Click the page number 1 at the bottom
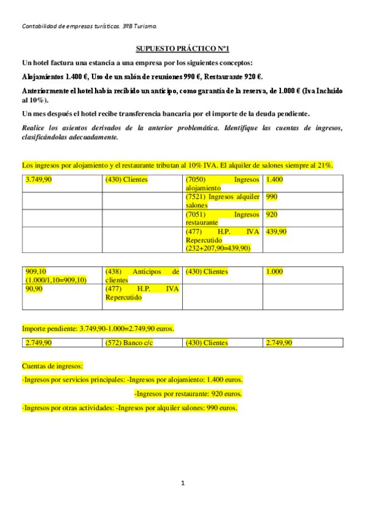point(182,483)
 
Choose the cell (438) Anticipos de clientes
point(142,275)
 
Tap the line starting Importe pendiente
point(97,329)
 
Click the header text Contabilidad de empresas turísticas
point(89,26)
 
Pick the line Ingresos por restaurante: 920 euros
point(188,393)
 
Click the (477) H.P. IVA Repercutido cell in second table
point(142,293)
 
